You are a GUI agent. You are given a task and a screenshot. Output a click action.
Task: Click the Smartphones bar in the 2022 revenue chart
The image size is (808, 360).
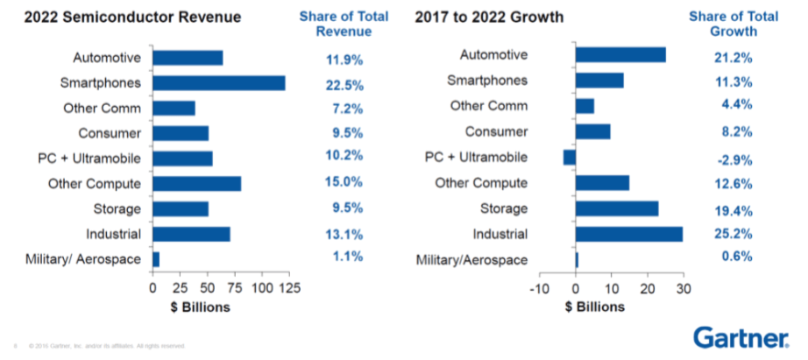click(x=218, y=83)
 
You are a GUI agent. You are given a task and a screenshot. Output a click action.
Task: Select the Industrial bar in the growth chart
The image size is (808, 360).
click(x=628, y=234)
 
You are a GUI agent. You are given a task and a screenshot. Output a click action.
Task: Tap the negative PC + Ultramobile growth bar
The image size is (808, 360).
click(x=570, y=158)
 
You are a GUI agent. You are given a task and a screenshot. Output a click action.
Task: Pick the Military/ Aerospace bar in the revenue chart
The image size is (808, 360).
click(x=156, y=259)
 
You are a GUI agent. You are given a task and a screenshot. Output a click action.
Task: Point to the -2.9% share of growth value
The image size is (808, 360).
click(x=733, y=159)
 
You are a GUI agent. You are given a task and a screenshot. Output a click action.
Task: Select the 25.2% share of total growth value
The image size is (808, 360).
click(x=733, y=235)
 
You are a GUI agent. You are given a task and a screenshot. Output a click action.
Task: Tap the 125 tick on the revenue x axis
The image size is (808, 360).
click(x=286, y=288)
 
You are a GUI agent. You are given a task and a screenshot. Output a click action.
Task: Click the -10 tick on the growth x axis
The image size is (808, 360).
click(x=540, y=288)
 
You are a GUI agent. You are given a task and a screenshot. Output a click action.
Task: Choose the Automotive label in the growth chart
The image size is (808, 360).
click(x=493, y=55)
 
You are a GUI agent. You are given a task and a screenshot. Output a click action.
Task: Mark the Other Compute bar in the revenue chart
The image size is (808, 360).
click(x=196, y=184)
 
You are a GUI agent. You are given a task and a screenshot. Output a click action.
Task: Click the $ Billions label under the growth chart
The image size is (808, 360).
click(x=596, y=307)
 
